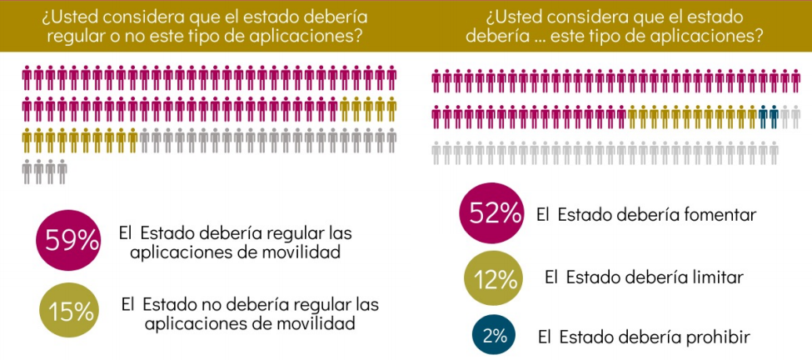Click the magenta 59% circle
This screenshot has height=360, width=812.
pyautogui.click(x=69, y=241)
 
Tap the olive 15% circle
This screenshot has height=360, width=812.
pyautogui.click(x=70, y=312)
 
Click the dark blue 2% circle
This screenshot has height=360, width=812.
pyautogui.click(x=494, y=336)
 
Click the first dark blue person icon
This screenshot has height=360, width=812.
pyautogui.click(x=763, y=117)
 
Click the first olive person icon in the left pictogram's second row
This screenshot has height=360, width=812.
pyautogui.click(x=346, y=110)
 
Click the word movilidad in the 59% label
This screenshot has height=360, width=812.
pyautogui.click(x=302, y=252)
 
